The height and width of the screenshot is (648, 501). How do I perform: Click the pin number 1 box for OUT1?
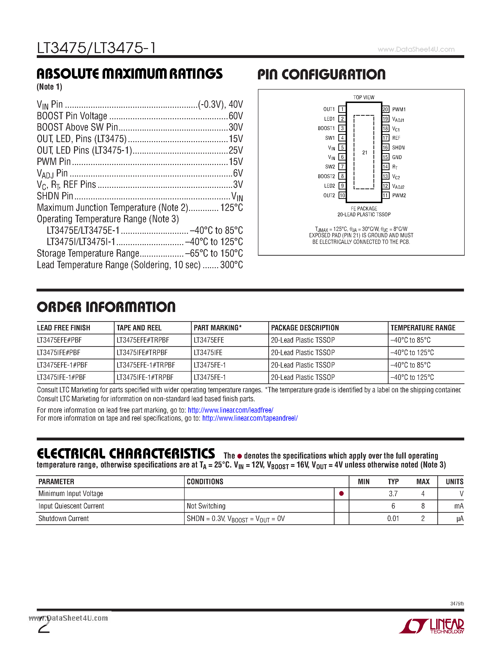coord(342,109)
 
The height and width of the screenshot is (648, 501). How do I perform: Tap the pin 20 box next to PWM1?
coord(385,109)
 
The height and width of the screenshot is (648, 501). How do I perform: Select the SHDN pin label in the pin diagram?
coord(398,148)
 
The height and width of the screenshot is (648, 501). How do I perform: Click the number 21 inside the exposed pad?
coord(365,152)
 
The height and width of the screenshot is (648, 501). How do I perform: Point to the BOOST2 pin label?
coord(326,176)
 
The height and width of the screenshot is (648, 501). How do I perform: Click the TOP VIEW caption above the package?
coord(364,97)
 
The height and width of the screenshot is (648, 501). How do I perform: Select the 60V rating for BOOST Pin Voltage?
coord(236,116)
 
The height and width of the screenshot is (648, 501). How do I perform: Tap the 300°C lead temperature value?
coord(232,265)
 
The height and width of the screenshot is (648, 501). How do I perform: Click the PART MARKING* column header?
coord(218,328)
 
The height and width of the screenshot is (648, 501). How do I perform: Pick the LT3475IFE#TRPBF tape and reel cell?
coord(142,353)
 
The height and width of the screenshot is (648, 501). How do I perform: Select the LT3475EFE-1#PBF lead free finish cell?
coord(62,365)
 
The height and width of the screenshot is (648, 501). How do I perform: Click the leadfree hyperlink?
coord(230,410)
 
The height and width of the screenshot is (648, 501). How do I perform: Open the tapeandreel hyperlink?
coord(250,418)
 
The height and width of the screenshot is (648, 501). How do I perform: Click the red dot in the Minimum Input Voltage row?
coord(341,493)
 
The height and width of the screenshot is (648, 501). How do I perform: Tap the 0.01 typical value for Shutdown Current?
coord(393,518)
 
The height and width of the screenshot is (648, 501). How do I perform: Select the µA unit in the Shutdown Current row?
coord(460,519)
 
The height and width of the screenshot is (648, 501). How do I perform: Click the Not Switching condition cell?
coord(206,506)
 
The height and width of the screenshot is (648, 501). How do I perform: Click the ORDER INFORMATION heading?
coord(106,307)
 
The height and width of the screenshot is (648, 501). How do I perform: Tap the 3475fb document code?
coord(457,603)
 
